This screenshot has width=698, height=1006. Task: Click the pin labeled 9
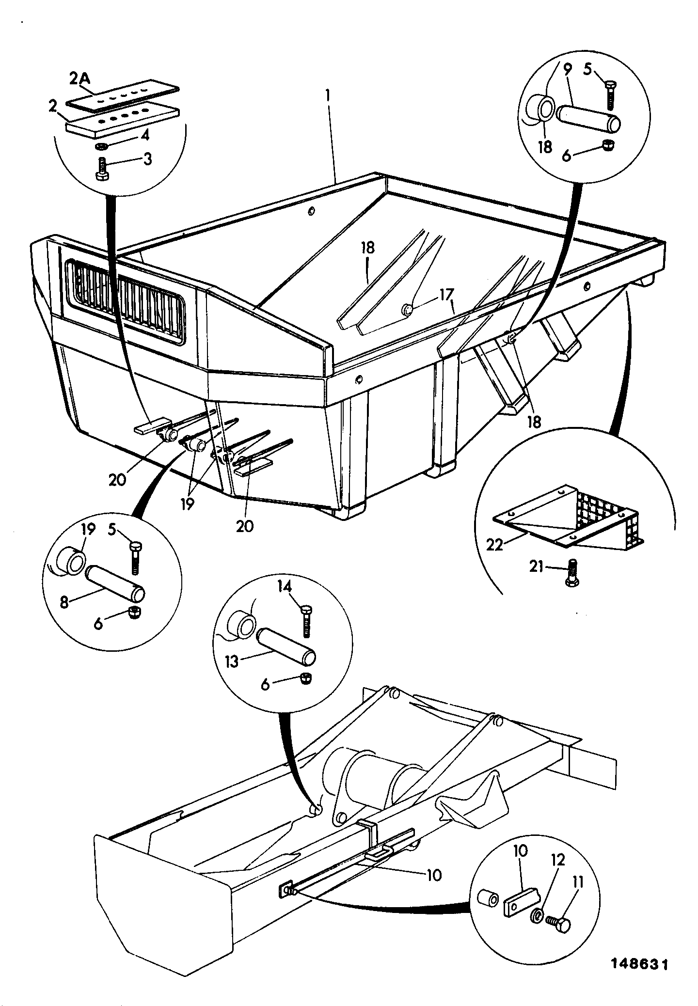pos(588,120)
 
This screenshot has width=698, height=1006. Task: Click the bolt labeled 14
pos(306,621)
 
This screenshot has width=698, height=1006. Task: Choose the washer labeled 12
pos(538,915)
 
